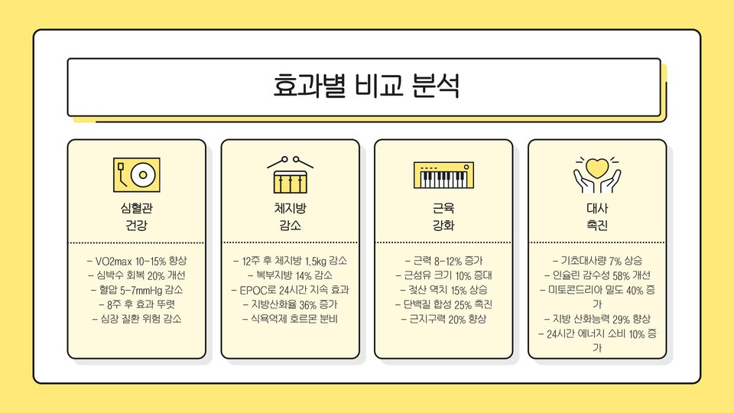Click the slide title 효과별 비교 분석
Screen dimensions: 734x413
(365, 86)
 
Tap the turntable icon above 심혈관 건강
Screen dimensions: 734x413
(137, 174)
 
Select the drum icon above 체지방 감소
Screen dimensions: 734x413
(290, 174)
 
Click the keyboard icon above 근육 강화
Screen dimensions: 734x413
(443, 174)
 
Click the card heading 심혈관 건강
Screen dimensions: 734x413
(137, 216)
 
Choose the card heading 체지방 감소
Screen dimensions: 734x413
(290, 216)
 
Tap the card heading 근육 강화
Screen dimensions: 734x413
(443, 216)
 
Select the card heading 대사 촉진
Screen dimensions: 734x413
(596, 216)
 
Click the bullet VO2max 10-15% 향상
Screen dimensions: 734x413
(137, 261)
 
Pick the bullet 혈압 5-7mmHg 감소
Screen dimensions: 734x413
(137, 290)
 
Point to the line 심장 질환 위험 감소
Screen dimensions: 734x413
(137, 319)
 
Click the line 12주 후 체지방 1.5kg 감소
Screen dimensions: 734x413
(290, 261)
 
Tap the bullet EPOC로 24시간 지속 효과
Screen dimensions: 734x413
(290, 290)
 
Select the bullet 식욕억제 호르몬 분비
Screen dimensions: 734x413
(290, 319)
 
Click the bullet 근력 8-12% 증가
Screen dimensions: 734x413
(443, 261)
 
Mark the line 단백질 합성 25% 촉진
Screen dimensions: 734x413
(443, 304)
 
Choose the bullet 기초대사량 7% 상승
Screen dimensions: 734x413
(596, 261)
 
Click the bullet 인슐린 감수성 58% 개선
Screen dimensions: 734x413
(596, 275)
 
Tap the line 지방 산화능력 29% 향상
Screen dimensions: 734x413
(596, 319)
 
